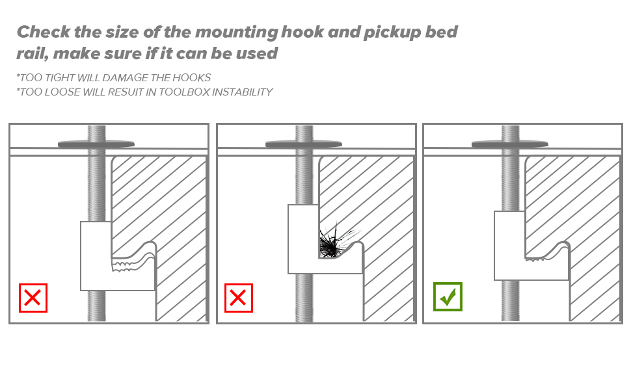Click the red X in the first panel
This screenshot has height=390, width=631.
click(33, 298)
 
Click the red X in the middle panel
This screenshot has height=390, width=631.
click(239, 298)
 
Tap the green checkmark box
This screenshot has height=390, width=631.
click(448, 297)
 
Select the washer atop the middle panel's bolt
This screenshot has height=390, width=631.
click(303, 143)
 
